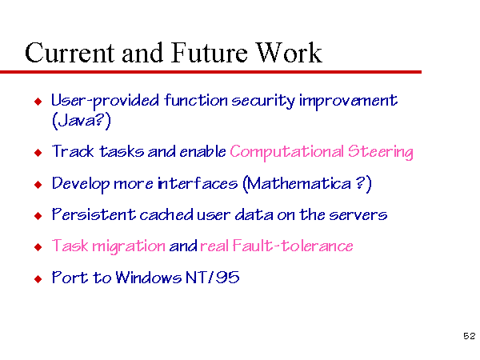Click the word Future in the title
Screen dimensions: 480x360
point(210,53)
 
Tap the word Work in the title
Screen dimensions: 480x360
point(289,53)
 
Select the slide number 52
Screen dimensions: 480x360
point(470,336)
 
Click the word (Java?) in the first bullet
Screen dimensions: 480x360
point(82,121)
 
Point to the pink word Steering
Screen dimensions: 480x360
point(381,152)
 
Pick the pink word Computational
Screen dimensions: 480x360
point(287,152)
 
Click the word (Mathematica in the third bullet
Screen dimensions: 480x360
point(297,184)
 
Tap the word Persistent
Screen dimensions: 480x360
point(94,214)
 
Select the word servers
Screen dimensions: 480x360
point(358,215)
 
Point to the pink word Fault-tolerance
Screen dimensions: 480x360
point(293,246)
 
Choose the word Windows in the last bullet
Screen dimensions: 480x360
point(149,278)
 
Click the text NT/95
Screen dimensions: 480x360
point(213,278)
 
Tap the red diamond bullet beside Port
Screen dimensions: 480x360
point(38,279)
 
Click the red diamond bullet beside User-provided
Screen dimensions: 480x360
point(38,102)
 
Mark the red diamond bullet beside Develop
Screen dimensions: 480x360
point(38,185)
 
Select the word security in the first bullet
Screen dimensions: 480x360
point(262,102)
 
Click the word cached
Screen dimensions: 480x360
point(166,214)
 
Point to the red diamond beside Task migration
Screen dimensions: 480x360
point(38,247)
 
